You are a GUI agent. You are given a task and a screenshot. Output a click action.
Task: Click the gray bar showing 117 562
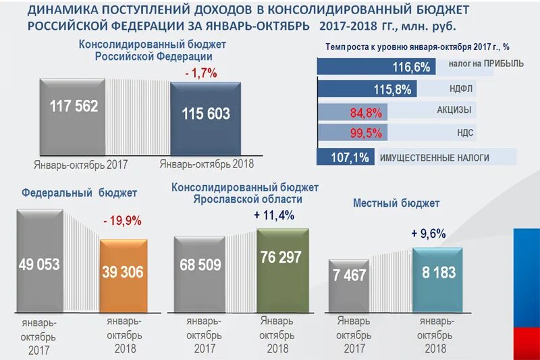point(73,116)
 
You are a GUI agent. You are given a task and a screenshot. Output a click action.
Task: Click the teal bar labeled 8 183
point(439,279)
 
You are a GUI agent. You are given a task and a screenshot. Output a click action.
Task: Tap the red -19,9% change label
point(122,221)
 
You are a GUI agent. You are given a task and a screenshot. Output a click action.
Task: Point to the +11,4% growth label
point(275,215)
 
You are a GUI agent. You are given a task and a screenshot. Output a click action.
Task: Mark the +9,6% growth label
point(429,234)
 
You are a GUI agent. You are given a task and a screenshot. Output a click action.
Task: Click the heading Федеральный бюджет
point(79,192)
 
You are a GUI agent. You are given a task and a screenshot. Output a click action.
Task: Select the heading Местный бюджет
point(396,203)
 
